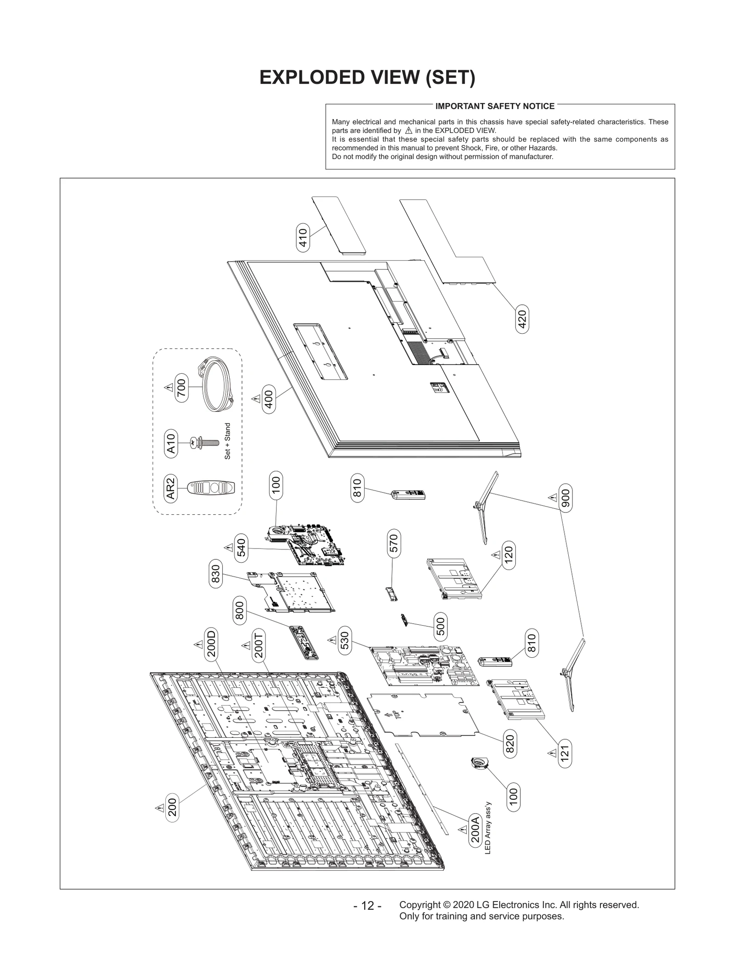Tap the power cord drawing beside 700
coord(217,386)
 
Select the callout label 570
coord(394,543)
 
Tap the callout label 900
coord(565,497)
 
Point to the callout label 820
coord(509,744)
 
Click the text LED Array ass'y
coord(488,827)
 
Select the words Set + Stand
coord(227,441)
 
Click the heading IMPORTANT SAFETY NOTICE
coord(495,106)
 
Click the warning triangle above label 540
coord(228,547)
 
